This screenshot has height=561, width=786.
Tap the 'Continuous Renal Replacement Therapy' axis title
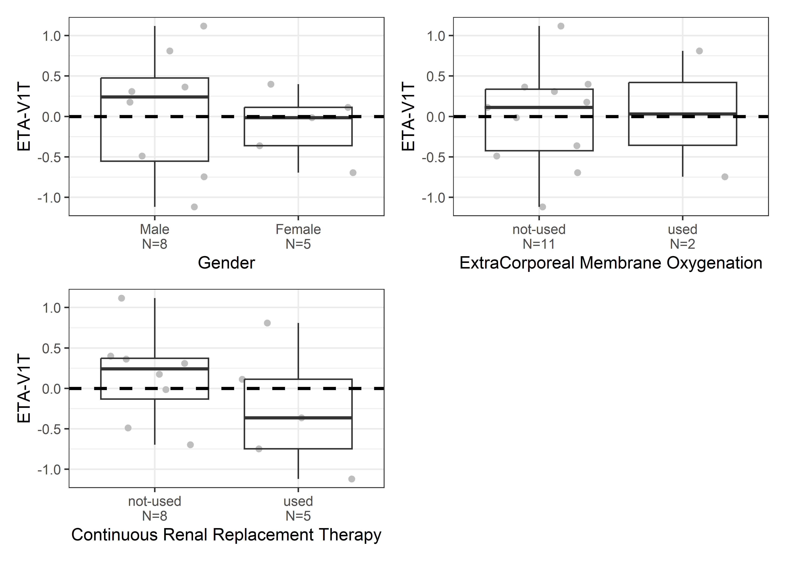coord(226,535)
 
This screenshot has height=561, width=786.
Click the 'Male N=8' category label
coord(155,237)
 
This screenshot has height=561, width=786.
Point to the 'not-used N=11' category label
coord(539,237)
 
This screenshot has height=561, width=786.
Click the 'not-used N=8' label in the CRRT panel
coord(155,508)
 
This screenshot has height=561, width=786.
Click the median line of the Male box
coord(155,97)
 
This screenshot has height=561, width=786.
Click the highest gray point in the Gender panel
coord(204,26)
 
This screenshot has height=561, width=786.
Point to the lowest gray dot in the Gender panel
coord(194,207)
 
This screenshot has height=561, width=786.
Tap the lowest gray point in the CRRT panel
coord(351,479)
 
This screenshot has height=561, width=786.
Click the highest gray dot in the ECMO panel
coord(561,26)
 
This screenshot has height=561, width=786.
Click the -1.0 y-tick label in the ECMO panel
coord(433,198)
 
